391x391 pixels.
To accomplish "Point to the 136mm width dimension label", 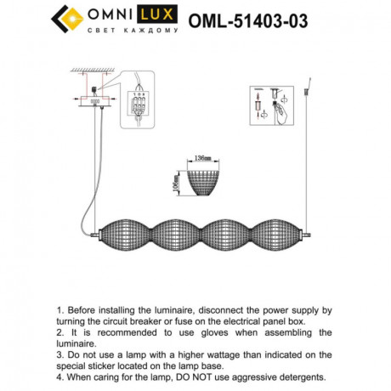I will tap(202, 158).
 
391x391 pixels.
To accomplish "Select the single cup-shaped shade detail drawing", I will tap(204, 181).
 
